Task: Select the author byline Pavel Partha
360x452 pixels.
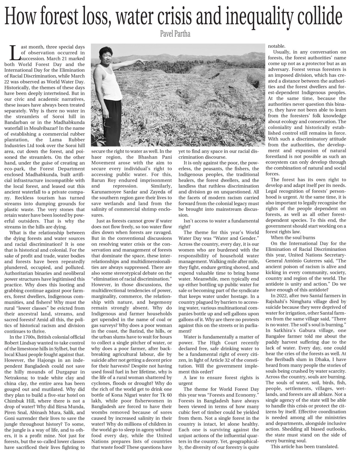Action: click(x=180, y=35)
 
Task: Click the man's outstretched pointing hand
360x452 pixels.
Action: click(x=144, y=62)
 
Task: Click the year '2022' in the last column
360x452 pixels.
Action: click(x=282, y=296)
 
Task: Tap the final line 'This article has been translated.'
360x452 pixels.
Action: click(x=304, y=446)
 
